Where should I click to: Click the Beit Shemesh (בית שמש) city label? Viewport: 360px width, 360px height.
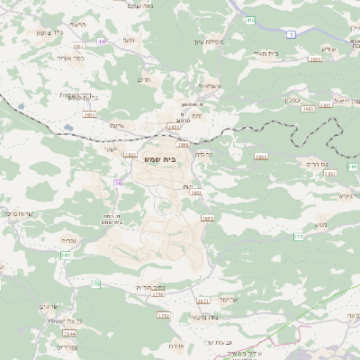160,158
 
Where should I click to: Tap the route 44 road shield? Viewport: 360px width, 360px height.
102,40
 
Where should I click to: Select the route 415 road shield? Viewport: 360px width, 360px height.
250,19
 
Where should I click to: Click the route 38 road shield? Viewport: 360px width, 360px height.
118,183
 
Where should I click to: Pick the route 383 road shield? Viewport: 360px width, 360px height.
66,256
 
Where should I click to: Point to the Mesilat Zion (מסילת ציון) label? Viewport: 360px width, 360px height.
208,41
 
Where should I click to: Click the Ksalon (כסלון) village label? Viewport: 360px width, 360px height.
293,99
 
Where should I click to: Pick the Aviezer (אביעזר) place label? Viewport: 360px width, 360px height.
229,298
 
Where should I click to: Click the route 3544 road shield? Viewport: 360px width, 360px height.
70,333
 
